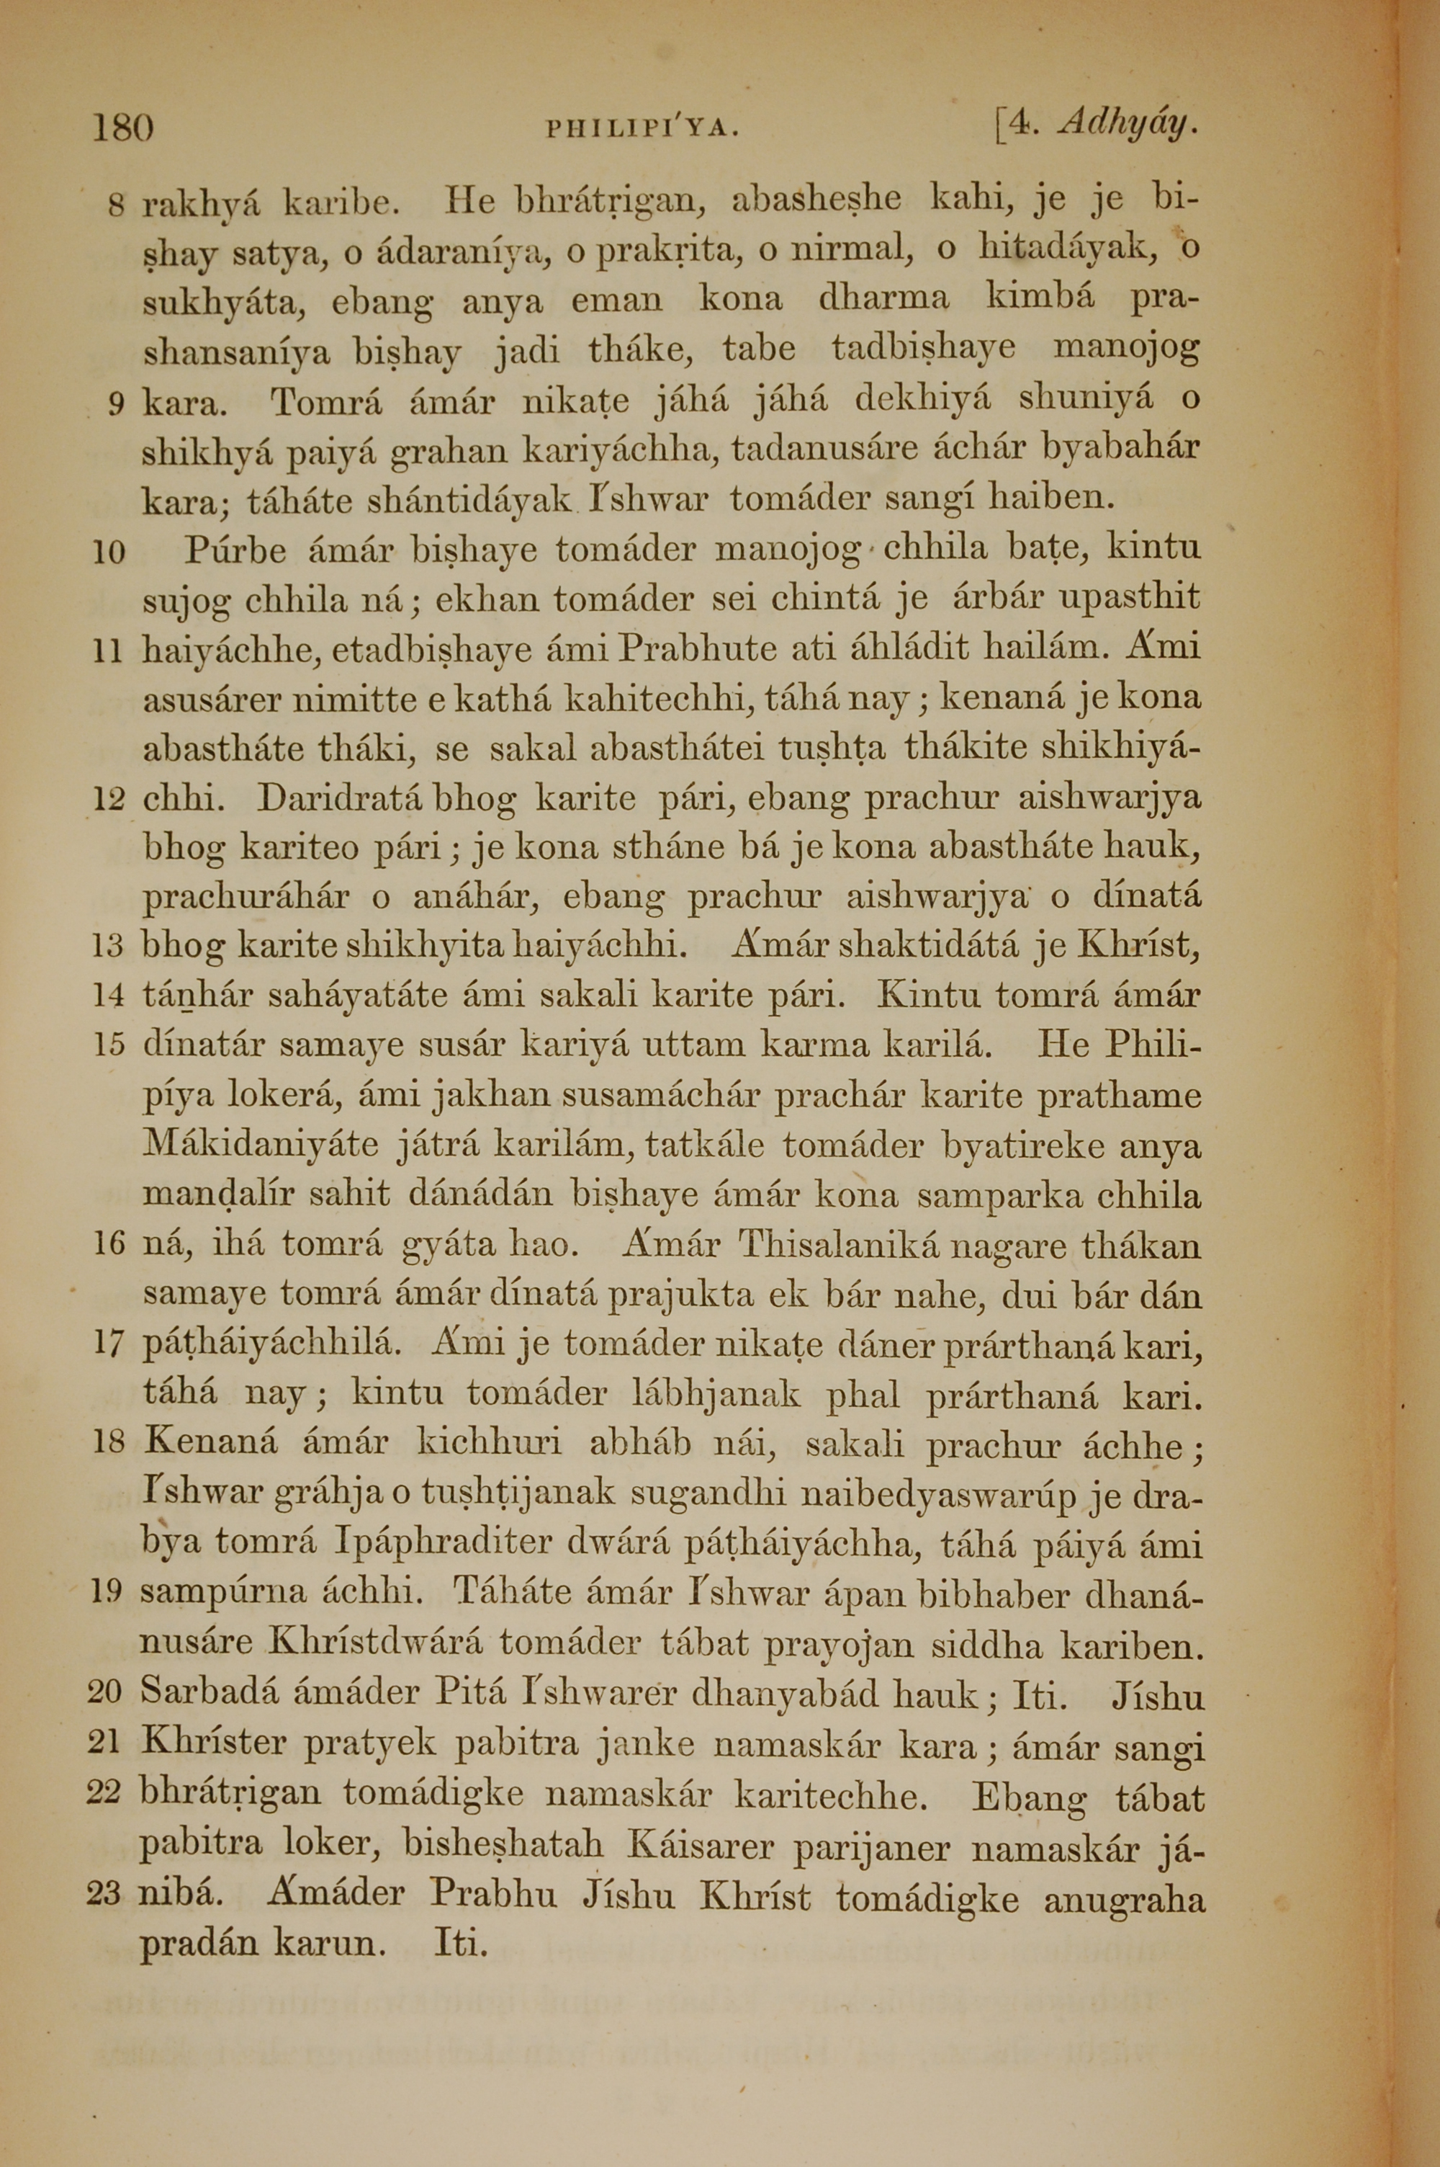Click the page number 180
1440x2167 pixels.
coord(122,127)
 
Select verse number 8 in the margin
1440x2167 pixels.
coord(117,206)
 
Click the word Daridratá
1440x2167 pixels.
coord(340,797)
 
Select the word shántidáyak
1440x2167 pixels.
coord(471,501)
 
